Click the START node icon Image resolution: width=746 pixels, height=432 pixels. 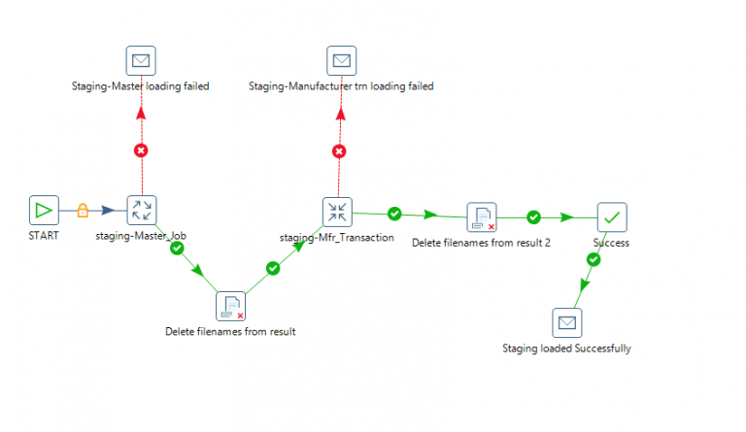coord(44,211)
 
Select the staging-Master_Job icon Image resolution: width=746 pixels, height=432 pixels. coord(142,211)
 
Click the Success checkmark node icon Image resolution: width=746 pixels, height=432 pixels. coord(612,217)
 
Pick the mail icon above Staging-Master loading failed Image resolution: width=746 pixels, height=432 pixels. coord(141,61)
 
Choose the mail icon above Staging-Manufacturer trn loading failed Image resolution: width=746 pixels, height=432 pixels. coord(340,61)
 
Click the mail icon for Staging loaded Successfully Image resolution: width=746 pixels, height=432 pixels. coord(566,322)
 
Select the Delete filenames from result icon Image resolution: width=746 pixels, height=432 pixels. coord(230,306)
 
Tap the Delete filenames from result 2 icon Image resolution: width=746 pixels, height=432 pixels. coord(481,217)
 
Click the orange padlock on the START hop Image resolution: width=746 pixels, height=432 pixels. coord(83,210)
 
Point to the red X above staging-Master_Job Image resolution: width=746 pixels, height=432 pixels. coord(141,150)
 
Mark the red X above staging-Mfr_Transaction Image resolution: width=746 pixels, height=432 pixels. coord(339,150)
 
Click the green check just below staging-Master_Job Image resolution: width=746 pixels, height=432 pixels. coord(177,249)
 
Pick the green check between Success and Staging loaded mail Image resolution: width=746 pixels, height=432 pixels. coord(593,259)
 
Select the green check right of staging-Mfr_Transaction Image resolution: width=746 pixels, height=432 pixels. coord(394,214)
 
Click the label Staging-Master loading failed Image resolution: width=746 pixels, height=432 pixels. coord(141,86)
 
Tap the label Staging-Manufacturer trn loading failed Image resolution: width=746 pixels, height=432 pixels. coord(340,86)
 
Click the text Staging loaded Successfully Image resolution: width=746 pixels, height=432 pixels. coord(566,348)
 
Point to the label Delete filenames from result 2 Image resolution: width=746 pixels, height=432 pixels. coord(481,243)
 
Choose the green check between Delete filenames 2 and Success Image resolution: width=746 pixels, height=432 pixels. coord(533,217)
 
